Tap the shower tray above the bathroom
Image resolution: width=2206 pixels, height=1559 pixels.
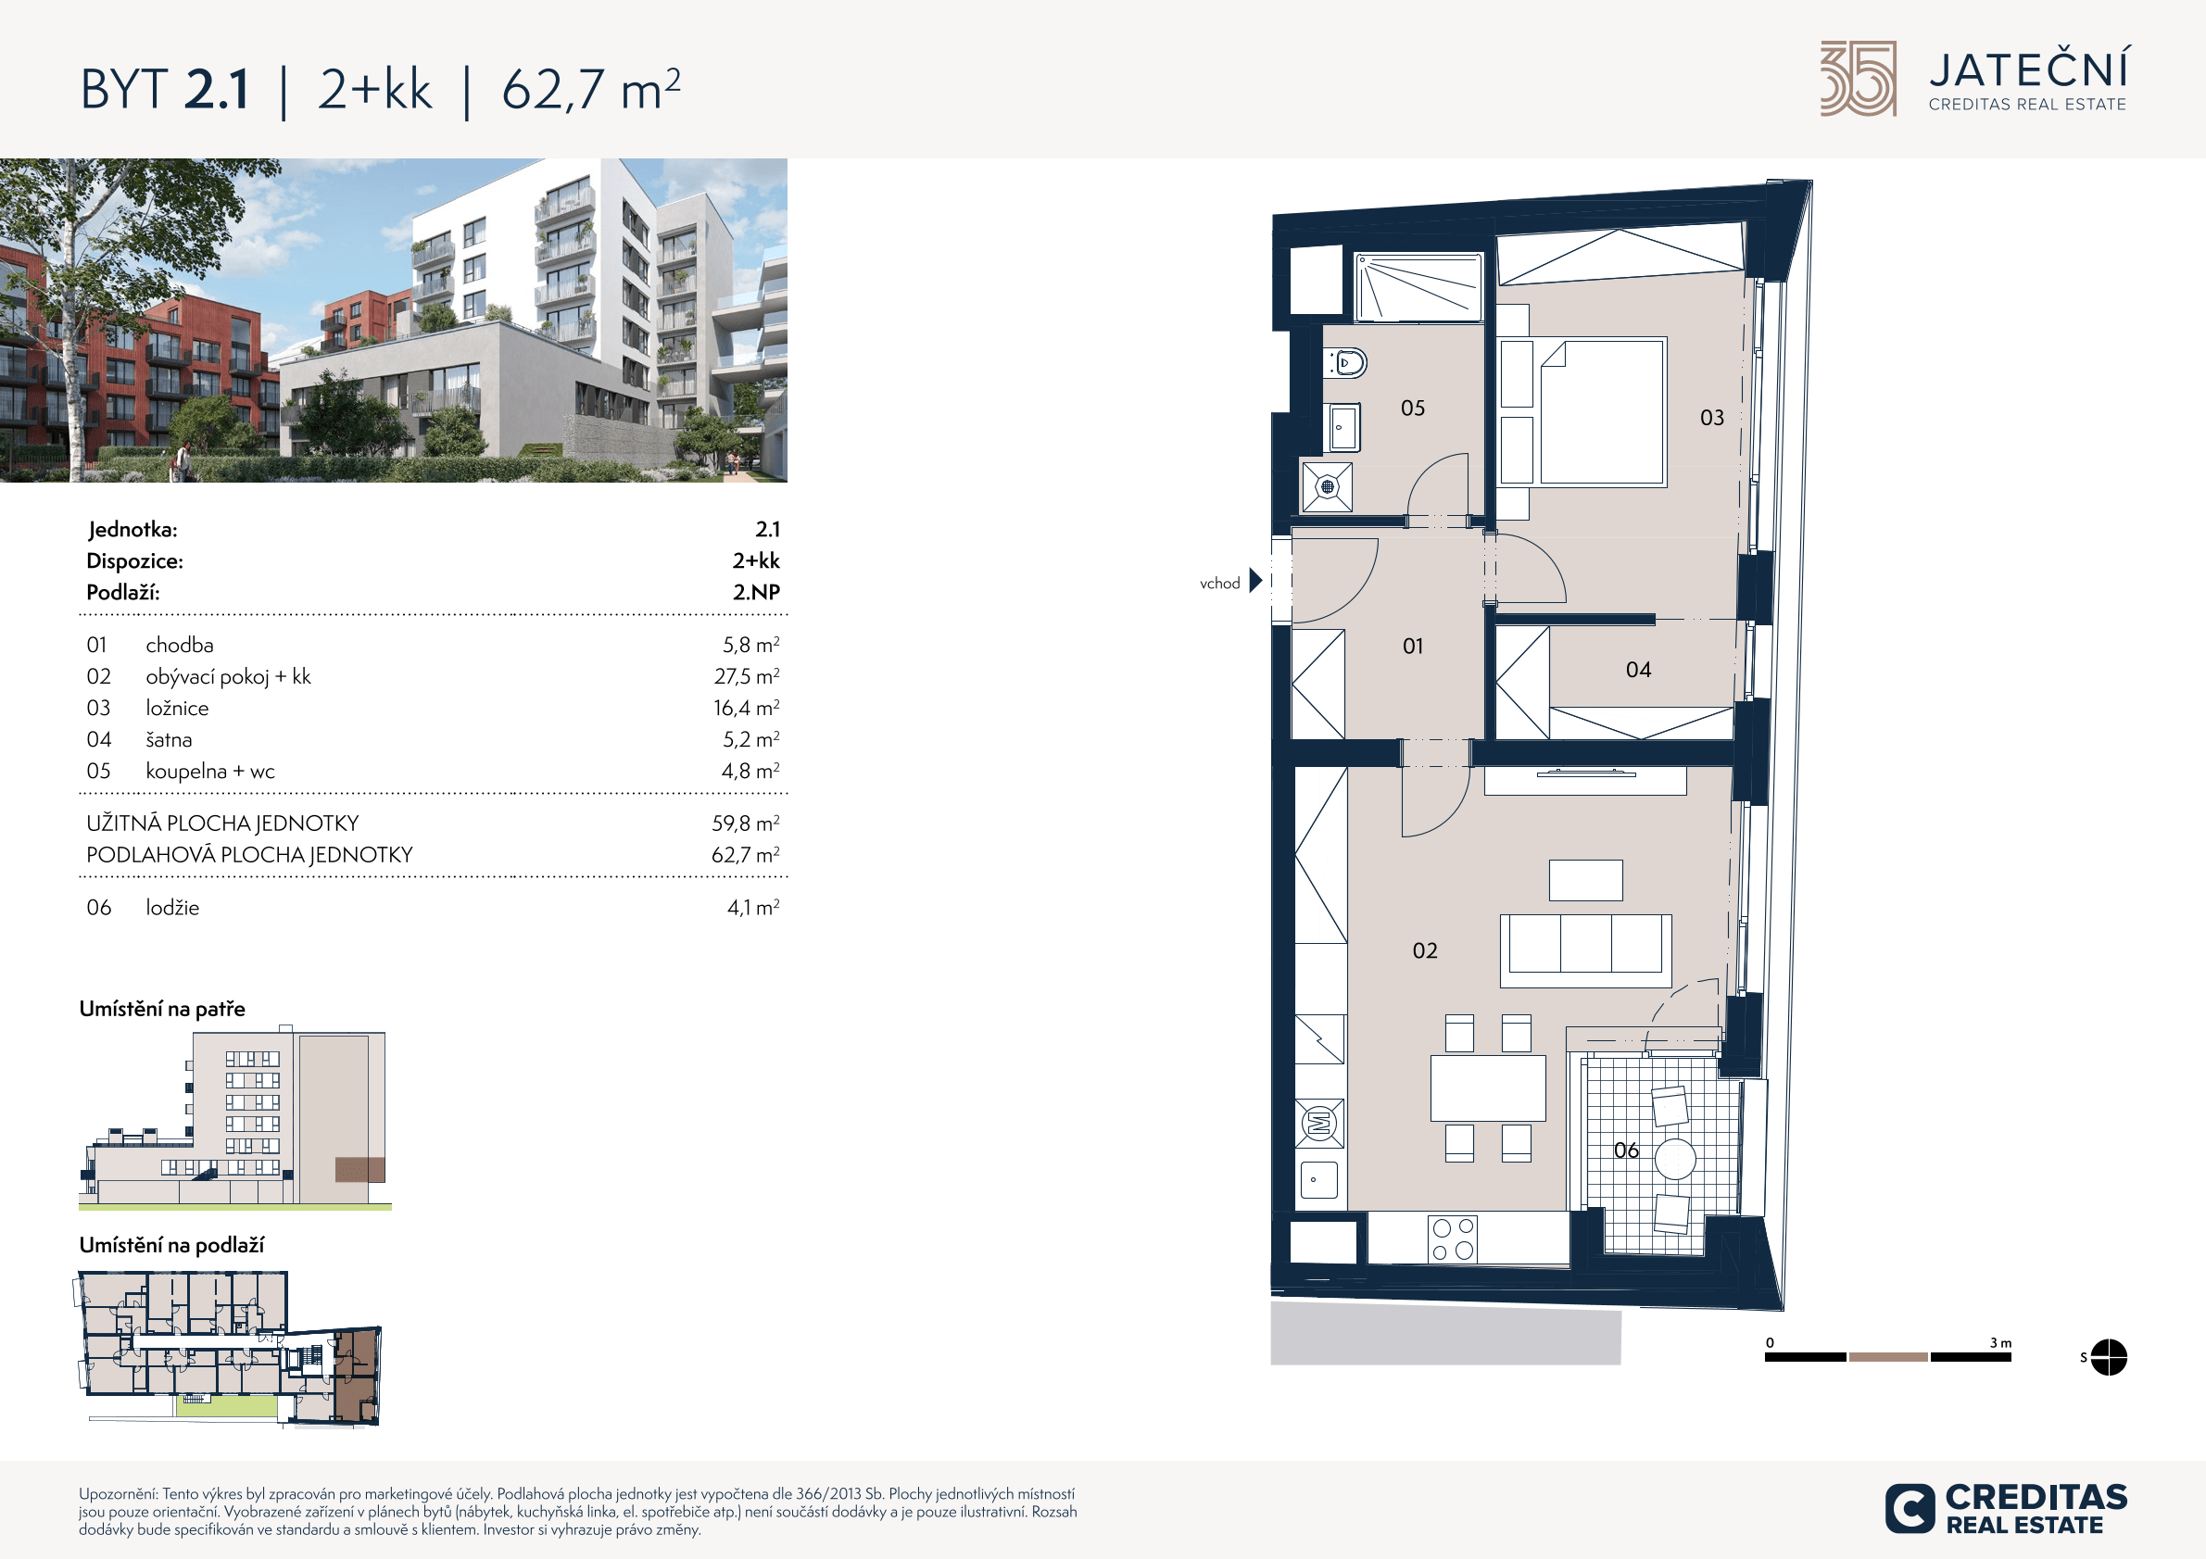point(1418,286)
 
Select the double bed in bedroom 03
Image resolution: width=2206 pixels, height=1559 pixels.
point(1602,411)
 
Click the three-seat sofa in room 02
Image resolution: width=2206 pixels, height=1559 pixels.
point(1585,951)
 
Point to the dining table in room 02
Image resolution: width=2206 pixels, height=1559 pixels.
point(1487,1088)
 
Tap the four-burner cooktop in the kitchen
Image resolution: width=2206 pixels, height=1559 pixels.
point(1452,1239)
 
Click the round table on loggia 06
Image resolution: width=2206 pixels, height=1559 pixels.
point(1675,1160)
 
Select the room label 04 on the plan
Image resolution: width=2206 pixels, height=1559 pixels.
point(1638,670)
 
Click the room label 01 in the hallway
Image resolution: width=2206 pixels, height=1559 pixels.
point(1412,647)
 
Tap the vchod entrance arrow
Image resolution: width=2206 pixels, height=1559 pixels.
point(1254,580)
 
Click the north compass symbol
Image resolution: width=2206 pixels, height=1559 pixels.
point(2108,1357)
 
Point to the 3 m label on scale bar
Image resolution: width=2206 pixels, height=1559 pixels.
point(2000,1343)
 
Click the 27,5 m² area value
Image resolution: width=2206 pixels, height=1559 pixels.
point(747,676)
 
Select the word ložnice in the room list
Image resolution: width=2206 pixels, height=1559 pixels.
point(177,708)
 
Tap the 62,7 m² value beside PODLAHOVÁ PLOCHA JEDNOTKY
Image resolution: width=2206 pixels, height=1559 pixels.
point(746,854)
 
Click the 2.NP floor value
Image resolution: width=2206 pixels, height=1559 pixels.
point(756,592)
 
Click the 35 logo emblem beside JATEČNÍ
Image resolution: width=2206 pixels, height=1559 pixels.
point(1859,79)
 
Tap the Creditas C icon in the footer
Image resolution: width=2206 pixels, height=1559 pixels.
point(1910,1509)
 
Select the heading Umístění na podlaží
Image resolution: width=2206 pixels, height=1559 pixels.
point(171,1245)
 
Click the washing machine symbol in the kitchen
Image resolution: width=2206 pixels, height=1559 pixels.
point(1319,1123)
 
